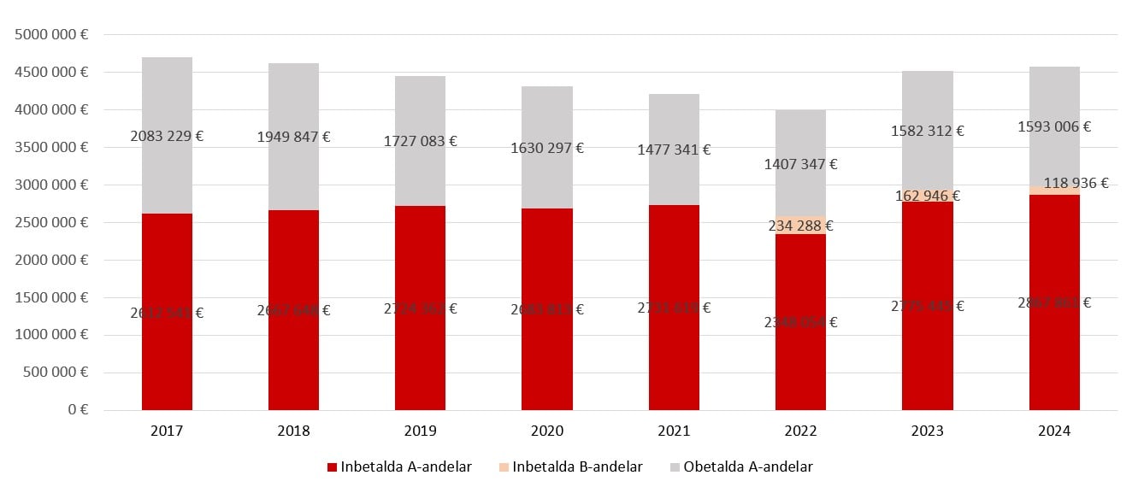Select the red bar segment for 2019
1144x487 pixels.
[x=420, y=359]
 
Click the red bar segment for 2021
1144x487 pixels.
[x=674, y=359]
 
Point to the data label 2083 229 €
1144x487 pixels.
[x=167, y=136]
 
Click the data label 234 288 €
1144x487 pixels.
[x=800, y=226]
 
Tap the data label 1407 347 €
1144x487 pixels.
[x=800, y=164]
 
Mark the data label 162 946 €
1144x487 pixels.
[x=927, y=196]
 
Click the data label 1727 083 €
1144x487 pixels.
[x=420, y=140]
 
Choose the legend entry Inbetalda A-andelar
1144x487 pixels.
[x=399, y=466]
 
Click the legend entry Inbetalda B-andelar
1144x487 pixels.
[x=570, y=466]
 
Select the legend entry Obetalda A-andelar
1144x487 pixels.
[x=740, y=466]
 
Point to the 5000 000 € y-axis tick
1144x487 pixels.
[x=52, y=35]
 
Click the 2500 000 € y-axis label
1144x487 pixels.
[x=52, y=222]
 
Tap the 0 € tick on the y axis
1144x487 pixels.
[x=79, y=410]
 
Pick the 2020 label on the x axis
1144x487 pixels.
[x=546, y=431]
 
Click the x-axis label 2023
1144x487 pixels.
[x=927, y=431]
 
